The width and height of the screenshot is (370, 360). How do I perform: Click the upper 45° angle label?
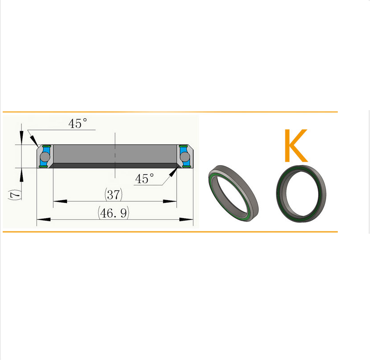point(78,123)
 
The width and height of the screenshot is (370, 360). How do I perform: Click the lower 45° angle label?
point(145,179)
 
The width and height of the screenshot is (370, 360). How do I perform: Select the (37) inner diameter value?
point(114,194)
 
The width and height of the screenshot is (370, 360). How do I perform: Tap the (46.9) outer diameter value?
point(114,213)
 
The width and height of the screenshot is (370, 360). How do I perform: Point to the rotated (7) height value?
point(15,194)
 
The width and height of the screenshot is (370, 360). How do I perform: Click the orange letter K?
point(296,146)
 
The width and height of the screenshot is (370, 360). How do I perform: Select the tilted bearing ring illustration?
point(234,193)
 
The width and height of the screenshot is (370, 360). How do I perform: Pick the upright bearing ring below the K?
point(301,193)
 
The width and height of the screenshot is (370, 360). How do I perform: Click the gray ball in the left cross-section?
point(45,156)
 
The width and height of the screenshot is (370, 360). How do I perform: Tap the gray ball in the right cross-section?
point(185,156)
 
